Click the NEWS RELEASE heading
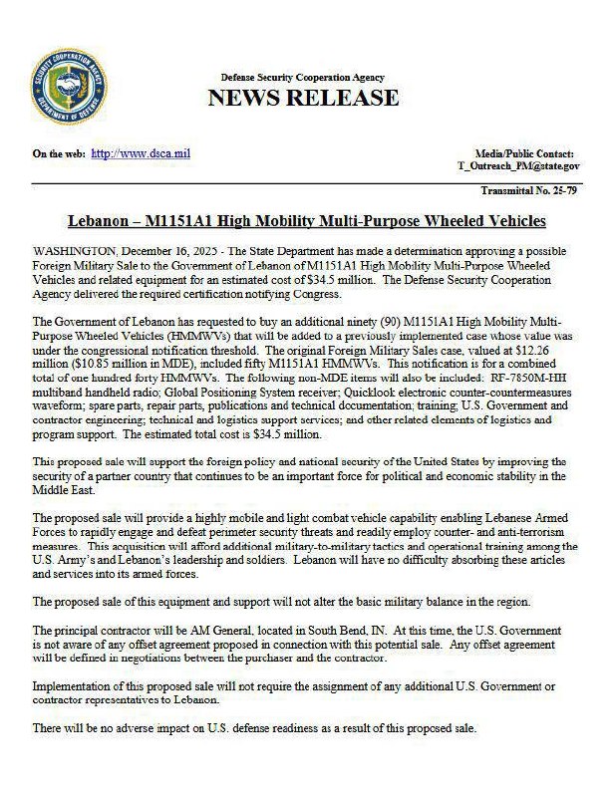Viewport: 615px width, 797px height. [303, 98]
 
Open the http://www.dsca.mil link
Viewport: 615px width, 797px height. [141, 153]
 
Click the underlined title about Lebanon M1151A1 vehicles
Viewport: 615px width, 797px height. [307, 220]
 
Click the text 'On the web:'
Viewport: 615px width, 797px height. [58, 153]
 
